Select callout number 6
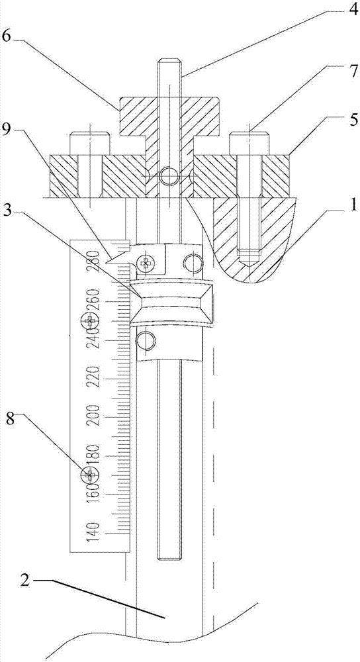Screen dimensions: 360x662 click(x=7, y=36)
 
